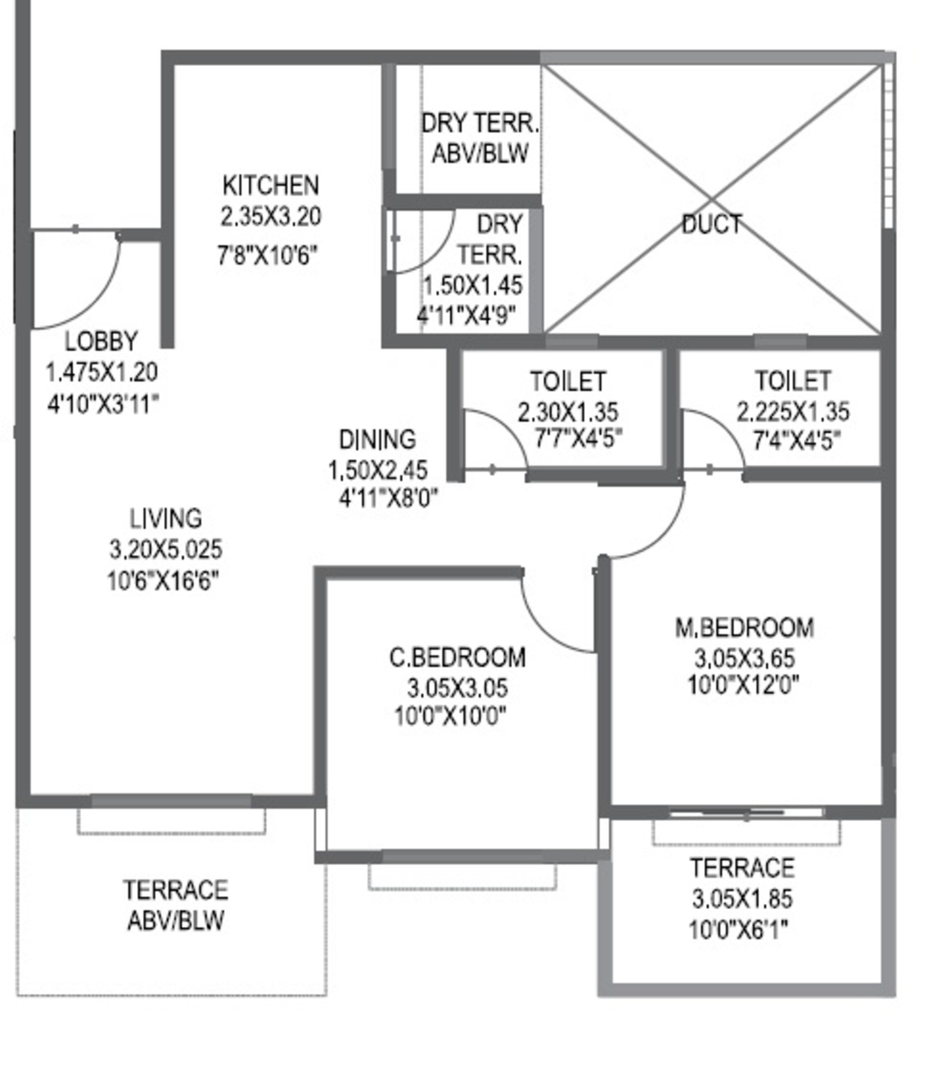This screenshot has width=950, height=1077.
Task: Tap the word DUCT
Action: [x=712, y=224]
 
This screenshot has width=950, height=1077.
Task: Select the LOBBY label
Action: [x=101, y=341]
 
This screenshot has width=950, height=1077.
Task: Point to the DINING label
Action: [x=377, y=439]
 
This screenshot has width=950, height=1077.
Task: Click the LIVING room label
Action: [x=166, y=518]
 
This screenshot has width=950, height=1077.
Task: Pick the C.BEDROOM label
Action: [x=457, y=658]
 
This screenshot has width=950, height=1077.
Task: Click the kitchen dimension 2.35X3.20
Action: [x=271, y=216]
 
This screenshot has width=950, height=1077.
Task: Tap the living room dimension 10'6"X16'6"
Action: [x=163, y=582]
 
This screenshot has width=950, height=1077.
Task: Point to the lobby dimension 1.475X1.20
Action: [x=102, y=373]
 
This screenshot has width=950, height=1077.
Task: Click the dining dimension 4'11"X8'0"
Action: [x=388, y=498]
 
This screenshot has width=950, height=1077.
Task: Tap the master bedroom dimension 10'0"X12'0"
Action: [x=743, y=685]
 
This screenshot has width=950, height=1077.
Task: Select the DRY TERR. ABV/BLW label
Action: [x=480, y=138]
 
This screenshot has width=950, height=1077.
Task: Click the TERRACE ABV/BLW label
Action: [x=176, y=905]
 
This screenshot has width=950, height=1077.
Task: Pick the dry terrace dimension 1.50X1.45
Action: [x=473, y=285]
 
